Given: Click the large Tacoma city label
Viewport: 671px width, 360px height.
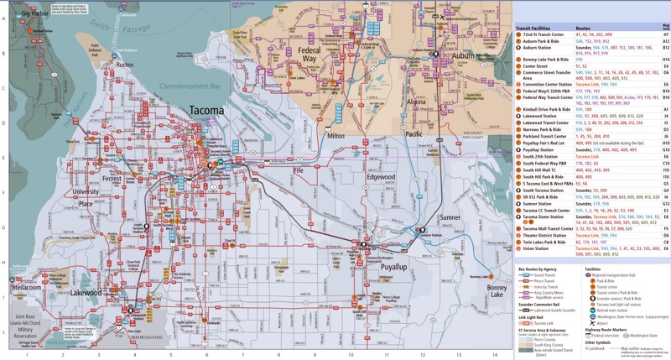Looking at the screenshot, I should pos(205,110).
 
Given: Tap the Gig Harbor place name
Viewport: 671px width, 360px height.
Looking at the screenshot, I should pos(36,14).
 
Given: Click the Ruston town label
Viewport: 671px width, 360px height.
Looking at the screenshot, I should pos(125,64).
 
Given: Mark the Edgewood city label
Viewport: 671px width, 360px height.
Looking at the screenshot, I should pos(381,177).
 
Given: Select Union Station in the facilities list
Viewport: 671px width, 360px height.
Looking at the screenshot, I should pos(536,248).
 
